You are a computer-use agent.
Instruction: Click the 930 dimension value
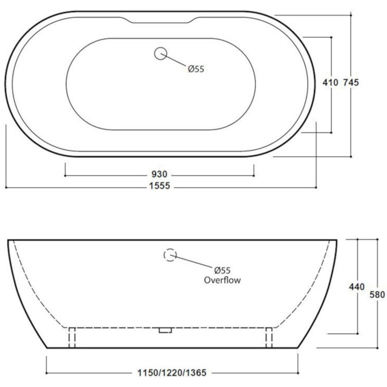click(x=159, y=175)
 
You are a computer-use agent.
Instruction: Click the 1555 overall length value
click(x=160, y=186)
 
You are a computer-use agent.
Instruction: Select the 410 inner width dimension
click(x=330, y=83)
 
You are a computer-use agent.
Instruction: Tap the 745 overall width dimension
click(x=351, y=83)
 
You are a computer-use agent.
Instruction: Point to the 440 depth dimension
click(x=357, y=287)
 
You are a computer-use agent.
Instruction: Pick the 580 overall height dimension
click(x=377, y=295)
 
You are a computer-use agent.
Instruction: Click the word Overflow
click(x=222, y=280)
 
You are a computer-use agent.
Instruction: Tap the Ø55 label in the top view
click(x=196, y=69)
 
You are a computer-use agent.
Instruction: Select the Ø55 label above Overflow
click(x=222, y=271)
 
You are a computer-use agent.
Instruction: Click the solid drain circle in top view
click(x=160, y=53)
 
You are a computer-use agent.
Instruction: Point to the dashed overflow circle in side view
click(x=170, y=255)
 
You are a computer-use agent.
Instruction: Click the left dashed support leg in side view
click(x=72, y=337)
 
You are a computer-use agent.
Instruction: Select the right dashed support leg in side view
click(x=269, y=337)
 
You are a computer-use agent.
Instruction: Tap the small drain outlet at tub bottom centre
click(x=165, y=330)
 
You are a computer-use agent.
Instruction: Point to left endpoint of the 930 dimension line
click(x=65, y=175)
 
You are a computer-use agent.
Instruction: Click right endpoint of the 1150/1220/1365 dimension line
click(x=298, y=373)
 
